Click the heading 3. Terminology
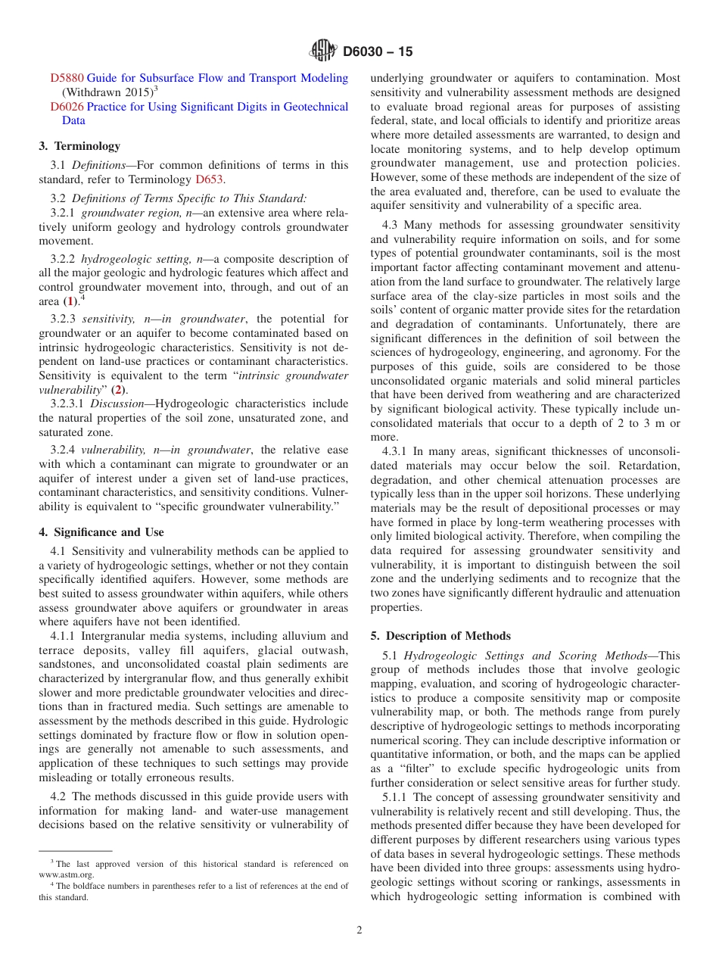79,146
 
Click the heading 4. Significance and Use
101,532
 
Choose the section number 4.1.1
64,636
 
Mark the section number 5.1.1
395,797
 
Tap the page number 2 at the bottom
359,930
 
